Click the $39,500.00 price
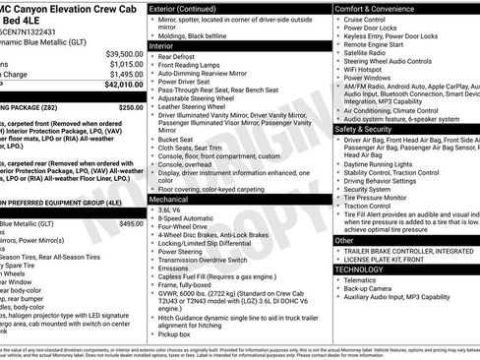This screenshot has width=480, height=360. click(x=124, y=53)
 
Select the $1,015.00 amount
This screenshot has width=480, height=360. click(x=126, y=64)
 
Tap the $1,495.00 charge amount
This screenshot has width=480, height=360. click(x=126, y=75)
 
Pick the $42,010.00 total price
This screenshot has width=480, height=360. click(x=124, y=86)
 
